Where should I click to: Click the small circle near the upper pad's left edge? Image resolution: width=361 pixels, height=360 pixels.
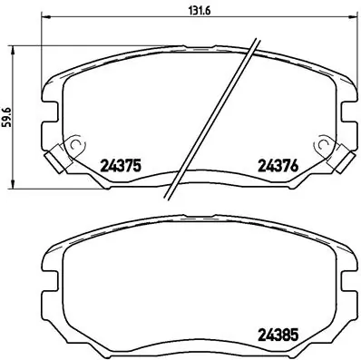[74, 145]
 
